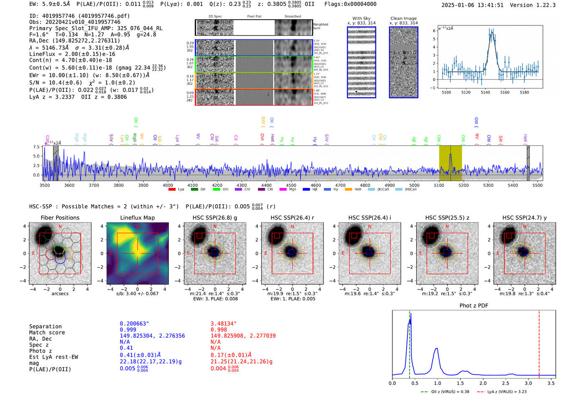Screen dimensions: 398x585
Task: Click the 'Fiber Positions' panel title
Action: tap(60, 218)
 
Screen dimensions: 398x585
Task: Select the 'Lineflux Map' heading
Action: tap(137, 218)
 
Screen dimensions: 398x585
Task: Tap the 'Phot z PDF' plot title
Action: tap(474, 306)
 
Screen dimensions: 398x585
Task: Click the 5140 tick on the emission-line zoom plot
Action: tap(485, 92)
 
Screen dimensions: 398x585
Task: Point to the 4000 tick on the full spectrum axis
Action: tap(168, 185)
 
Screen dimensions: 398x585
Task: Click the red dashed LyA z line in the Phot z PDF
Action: tap(539, 342)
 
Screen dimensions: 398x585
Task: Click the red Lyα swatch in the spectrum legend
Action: tap(172, 190)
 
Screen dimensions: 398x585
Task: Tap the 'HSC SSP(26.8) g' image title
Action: tap(215, 218)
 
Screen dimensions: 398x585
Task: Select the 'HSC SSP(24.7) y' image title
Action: tap(524, 218)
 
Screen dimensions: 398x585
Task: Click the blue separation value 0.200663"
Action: tap(134, 324)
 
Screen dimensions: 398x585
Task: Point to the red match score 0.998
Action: tap(219, 330)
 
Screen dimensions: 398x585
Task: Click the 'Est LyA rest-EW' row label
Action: tap(53, 357)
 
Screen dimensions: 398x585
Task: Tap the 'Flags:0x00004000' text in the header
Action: tap(350, 4)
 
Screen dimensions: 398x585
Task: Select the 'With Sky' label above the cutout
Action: tap(361, 18)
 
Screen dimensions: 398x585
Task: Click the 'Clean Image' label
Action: tap(403, 18)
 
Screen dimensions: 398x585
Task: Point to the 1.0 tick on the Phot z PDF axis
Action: tap(437, 383)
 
